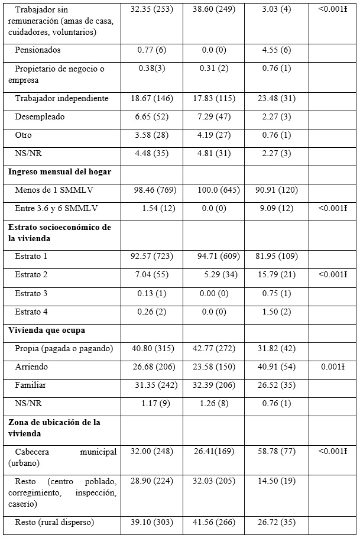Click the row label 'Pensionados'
(38, 50)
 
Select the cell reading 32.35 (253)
(151, 10)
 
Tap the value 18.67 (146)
(151, 99)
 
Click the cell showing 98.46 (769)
(151, 190)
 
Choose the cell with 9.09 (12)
(277, 208)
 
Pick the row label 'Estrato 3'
(32, 293)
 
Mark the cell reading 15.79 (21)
(277, 275)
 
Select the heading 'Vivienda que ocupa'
(46, 330)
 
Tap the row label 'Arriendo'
(32, 367)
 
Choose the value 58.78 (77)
(277, 452)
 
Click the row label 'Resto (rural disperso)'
(54, 522)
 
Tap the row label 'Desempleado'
(40, 116)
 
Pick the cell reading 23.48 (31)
(277, 99)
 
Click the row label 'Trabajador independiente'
(62, 99)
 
